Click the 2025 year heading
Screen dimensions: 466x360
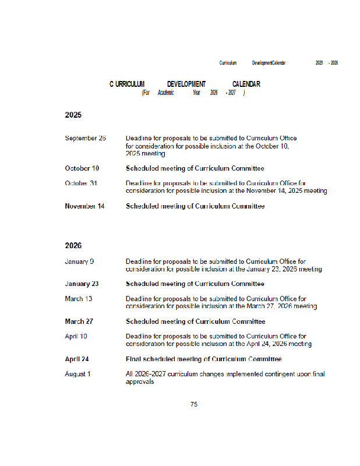tap(73, 115)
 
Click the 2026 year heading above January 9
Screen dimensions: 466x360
tap(73, 246)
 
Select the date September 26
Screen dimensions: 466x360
tap(85, 138)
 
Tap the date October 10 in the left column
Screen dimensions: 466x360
tap(82, 168)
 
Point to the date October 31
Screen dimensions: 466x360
tap(81, 183)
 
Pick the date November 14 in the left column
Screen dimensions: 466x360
tap(84, 206)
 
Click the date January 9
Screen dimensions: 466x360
tap(79, 262)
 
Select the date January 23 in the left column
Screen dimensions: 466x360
tap(82, 284)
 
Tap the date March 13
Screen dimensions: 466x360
tap(78, 299)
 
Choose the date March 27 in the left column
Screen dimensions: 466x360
tap(79, 322)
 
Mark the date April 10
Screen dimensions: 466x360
tap(76, 337)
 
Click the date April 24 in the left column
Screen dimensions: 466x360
tap(76, 359)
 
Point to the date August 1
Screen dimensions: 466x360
tap(77, 374)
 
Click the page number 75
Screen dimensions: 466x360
tap(194, 404)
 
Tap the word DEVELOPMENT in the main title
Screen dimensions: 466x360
tap(186, 84)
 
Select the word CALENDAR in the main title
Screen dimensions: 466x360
tap(246, 84)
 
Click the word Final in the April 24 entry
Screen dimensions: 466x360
tap(133, 359)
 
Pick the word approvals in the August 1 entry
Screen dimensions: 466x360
tap(140, 382)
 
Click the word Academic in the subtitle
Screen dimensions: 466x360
tap(165, 93)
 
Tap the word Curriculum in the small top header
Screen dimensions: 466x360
tap(228, 62)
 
